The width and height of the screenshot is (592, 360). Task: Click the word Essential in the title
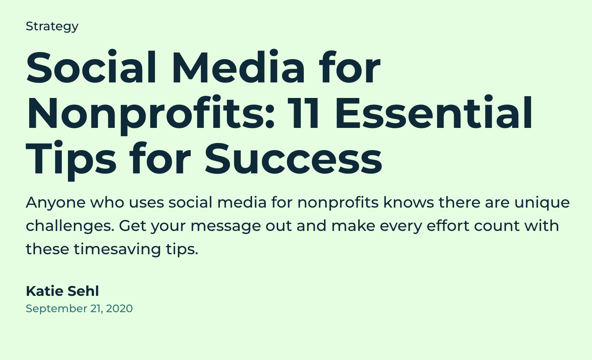click(434, 112)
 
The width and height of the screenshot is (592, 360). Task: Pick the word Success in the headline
click(293, 159)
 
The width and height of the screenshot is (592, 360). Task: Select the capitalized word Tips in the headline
click(71, 161)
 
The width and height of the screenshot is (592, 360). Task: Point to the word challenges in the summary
click(70, 226)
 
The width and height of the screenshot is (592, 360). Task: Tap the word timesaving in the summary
click(117, 250)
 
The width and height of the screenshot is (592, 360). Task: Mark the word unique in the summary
click(542, 203)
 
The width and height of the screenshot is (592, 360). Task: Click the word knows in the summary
click(409, 202)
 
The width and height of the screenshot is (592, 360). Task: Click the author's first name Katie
click(44, 291)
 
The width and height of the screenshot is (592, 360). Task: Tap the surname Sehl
click(83, 291)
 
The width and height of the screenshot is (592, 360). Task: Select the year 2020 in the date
click(120, 309)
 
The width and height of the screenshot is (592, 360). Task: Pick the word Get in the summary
click(132, 226)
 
